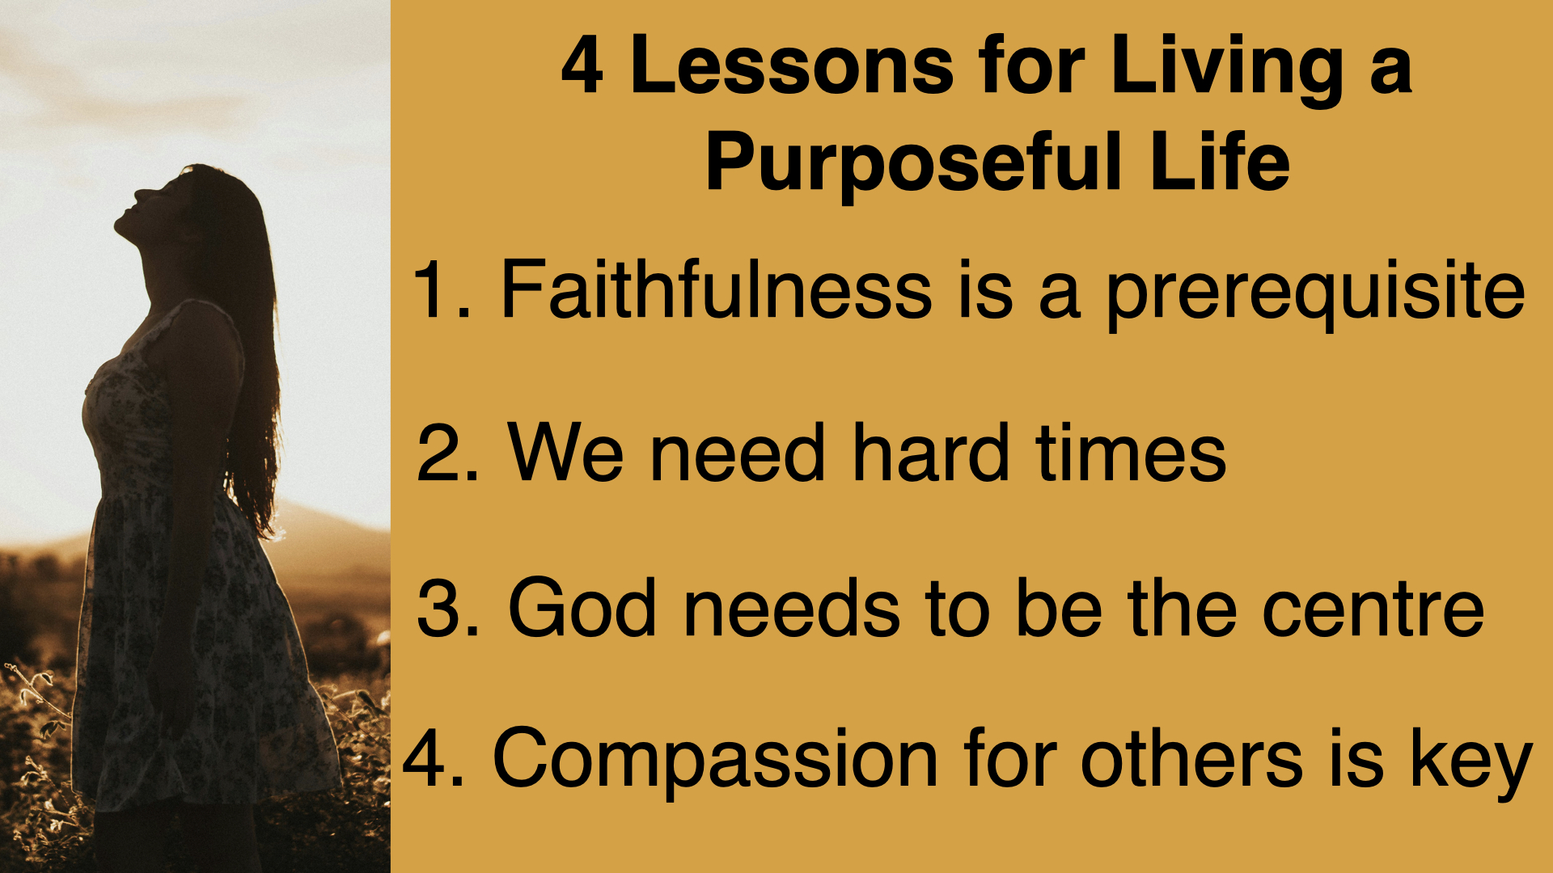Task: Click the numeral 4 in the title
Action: coord(582,65)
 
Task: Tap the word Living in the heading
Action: coord(1226,71)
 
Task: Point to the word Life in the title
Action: coord(1220,162)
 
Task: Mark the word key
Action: coord(1471,763)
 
